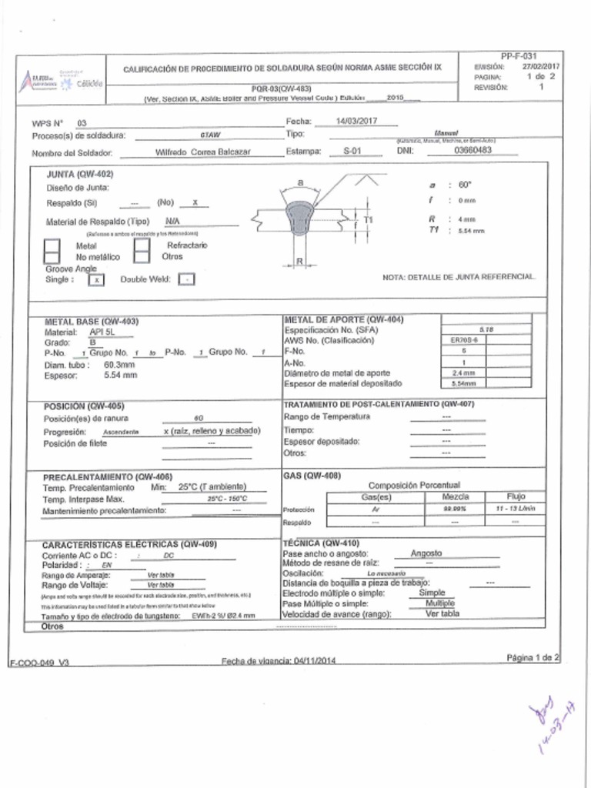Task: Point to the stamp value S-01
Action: [352, 152]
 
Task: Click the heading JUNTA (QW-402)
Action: [79, 175]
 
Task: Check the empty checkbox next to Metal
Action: [52, 250]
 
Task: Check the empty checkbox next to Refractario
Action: [142, 250]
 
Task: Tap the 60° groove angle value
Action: [464, 185]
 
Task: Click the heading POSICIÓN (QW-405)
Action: [84, 406]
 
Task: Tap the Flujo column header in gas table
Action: [515, 496]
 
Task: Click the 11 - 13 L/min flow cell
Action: [515, 509]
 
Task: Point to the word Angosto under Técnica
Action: [426, 553]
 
